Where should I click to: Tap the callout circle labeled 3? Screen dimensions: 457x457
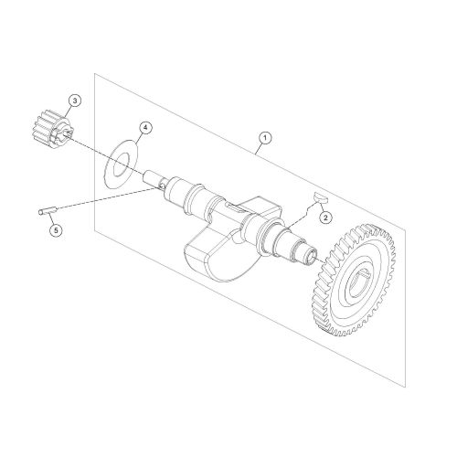(x=74, y=98)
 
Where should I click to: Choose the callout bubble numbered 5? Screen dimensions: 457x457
(x=56, y=229)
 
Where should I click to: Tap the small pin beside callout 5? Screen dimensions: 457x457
(x=45, y=213)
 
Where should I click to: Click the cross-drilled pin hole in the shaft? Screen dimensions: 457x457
(x=161, y=186)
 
